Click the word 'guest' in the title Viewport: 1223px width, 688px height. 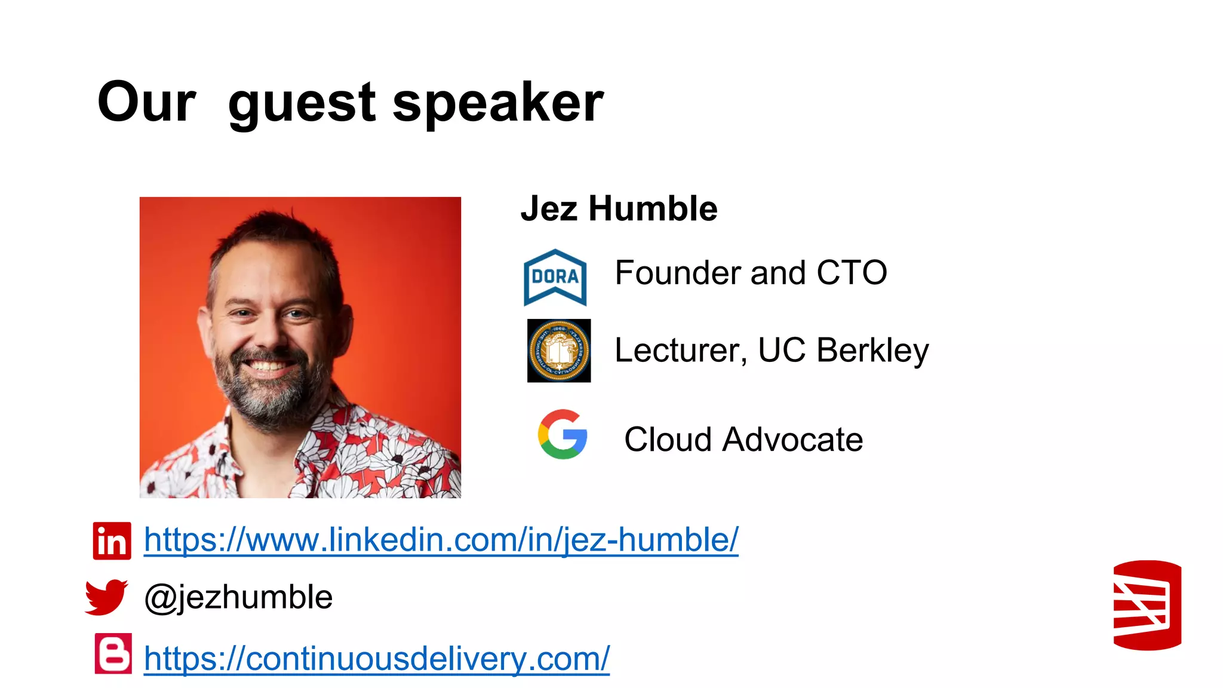point(302,103)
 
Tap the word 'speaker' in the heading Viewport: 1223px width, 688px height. point(498,103)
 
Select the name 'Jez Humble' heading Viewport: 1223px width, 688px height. point(619,208)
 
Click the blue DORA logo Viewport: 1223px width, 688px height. point(555,278)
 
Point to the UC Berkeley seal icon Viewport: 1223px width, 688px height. point(558,351)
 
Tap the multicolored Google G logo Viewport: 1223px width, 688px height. point(562,434)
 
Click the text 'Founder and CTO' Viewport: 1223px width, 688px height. point(751,273)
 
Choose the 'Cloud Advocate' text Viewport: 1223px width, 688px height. point(743,440)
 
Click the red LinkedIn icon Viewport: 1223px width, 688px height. point(112,541)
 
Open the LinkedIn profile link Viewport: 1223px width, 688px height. point(441,540)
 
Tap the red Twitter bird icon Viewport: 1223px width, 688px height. point(106,596)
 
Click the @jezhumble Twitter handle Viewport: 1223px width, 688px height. point(238,597)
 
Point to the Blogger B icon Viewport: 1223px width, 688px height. point(113,653)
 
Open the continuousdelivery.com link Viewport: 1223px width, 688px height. point(376,658)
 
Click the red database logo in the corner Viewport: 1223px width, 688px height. point(1147,605)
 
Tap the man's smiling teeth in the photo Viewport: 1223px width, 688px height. point(268,365)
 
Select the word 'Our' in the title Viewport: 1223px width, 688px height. point(146,103)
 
